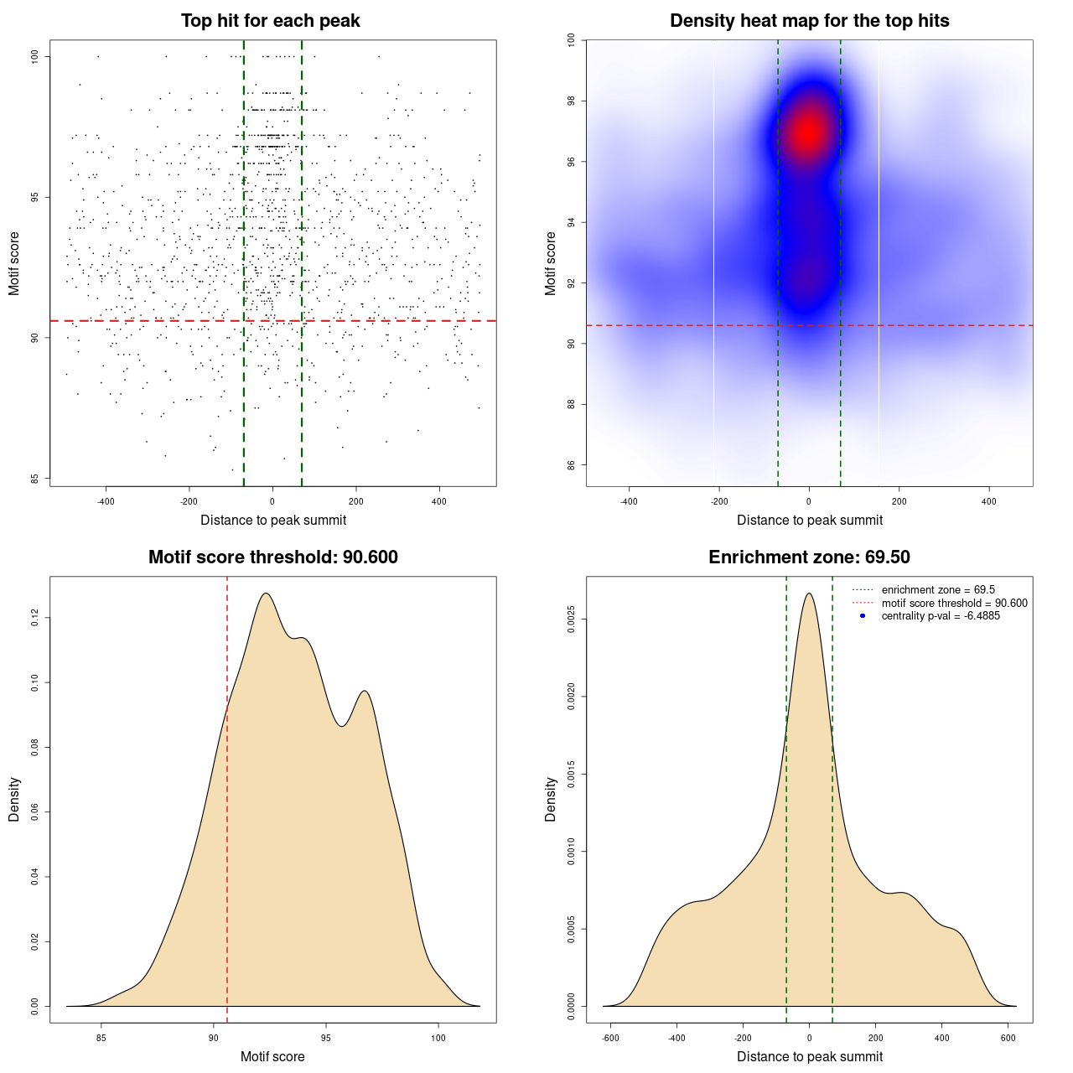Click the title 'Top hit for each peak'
[x=271, y=21]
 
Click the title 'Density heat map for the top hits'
[x=809, y=21]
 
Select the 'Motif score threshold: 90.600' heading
[x=272, y=557]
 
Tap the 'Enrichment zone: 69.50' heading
[x=809, y=557]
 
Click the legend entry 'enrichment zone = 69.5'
[x=938, y=590]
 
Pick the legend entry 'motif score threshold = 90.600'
[x=954, y=603]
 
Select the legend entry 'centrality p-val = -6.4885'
[x=941, y=616]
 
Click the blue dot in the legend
[x=863, y=616]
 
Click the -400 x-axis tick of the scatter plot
[x=106, y=501]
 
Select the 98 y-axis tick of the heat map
[x=572, y=101]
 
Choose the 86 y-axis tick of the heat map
[x=572, y=465]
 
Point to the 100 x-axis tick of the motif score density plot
[x=438, y=1038]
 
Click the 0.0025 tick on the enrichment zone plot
[x=572, y=619]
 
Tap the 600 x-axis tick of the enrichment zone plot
[x=1008, y=1038]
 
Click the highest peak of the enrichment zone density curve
[x=809, y=594]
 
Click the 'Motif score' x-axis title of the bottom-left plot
[x=272, y=1056]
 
